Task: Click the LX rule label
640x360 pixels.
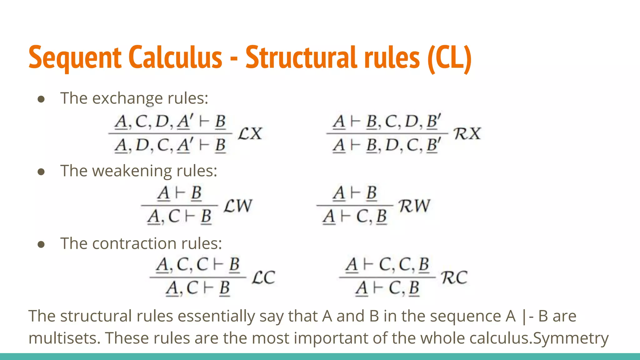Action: click(x=250, y=134)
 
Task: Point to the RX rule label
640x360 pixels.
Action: click(x=467, y=134)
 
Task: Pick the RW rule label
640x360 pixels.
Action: click(x=414, y=206)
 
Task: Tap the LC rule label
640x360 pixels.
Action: click(x=263, y=277)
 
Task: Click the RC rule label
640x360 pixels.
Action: click(x=454, y=277)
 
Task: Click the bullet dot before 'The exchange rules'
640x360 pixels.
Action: click(x=41, y=99)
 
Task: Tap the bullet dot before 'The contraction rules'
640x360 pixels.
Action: click(x=41, y=244)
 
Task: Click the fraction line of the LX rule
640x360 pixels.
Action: click(x=170, y=133)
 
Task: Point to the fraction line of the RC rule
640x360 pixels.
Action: click(x=387, y=277)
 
